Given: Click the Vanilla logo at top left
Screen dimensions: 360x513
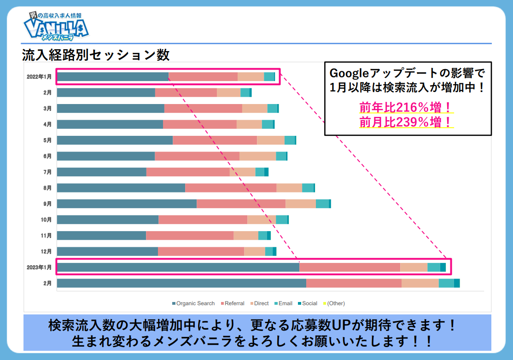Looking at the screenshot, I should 56,27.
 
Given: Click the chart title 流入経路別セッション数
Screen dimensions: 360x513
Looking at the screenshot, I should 96,55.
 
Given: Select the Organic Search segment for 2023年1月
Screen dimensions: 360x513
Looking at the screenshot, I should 178,267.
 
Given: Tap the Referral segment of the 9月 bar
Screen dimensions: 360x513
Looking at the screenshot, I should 241,204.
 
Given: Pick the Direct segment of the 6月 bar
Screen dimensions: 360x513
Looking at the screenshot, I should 257,156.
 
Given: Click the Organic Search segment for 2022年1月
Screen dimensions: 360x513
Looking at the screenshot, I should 113,77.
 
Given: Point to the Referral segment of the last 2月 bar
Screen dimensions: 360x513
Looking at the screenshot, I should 354,283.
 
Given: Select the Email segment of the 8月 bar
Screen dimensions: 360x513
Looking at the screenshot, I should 308,188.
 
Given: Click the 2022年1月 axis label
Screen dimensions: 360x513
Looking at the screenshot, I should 39,77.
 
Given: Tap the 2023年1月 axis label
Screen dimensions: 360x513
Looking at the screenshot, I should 39,267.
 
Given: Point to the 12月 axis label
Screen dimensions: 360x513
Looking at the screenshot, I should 46,251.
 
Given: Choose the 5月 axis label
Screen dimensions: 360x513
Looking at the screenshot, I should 47,140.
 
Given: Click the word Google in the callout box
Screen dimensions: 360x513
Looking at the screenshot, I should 348,73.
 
